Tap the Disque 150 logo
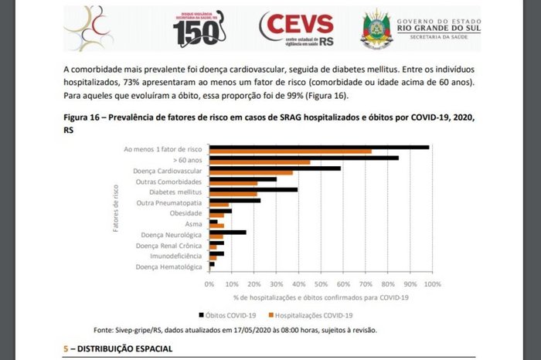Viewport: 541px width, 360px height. click(198, 29)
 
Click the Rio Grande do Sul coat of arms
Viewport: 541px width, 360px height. click(377, 29)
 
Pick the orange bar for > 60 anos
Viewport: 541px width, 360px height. click(260, 162)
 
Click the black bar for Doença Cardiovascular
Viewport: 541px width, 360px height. click(274, 168)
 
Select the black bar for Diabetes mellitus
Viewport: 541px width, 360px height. click(253, 189)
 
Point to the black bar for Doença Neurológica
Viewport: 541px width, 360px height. click(227, 232)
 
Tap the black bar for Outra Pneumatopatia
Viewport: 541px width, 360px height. click(234, 200)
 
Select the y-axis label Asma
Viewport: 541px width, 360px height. click(193, 224)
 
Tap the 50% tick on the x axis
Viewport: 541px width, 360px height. click(321, 284)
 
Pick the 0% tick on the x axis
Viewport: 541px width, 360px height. click(209, 284)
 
